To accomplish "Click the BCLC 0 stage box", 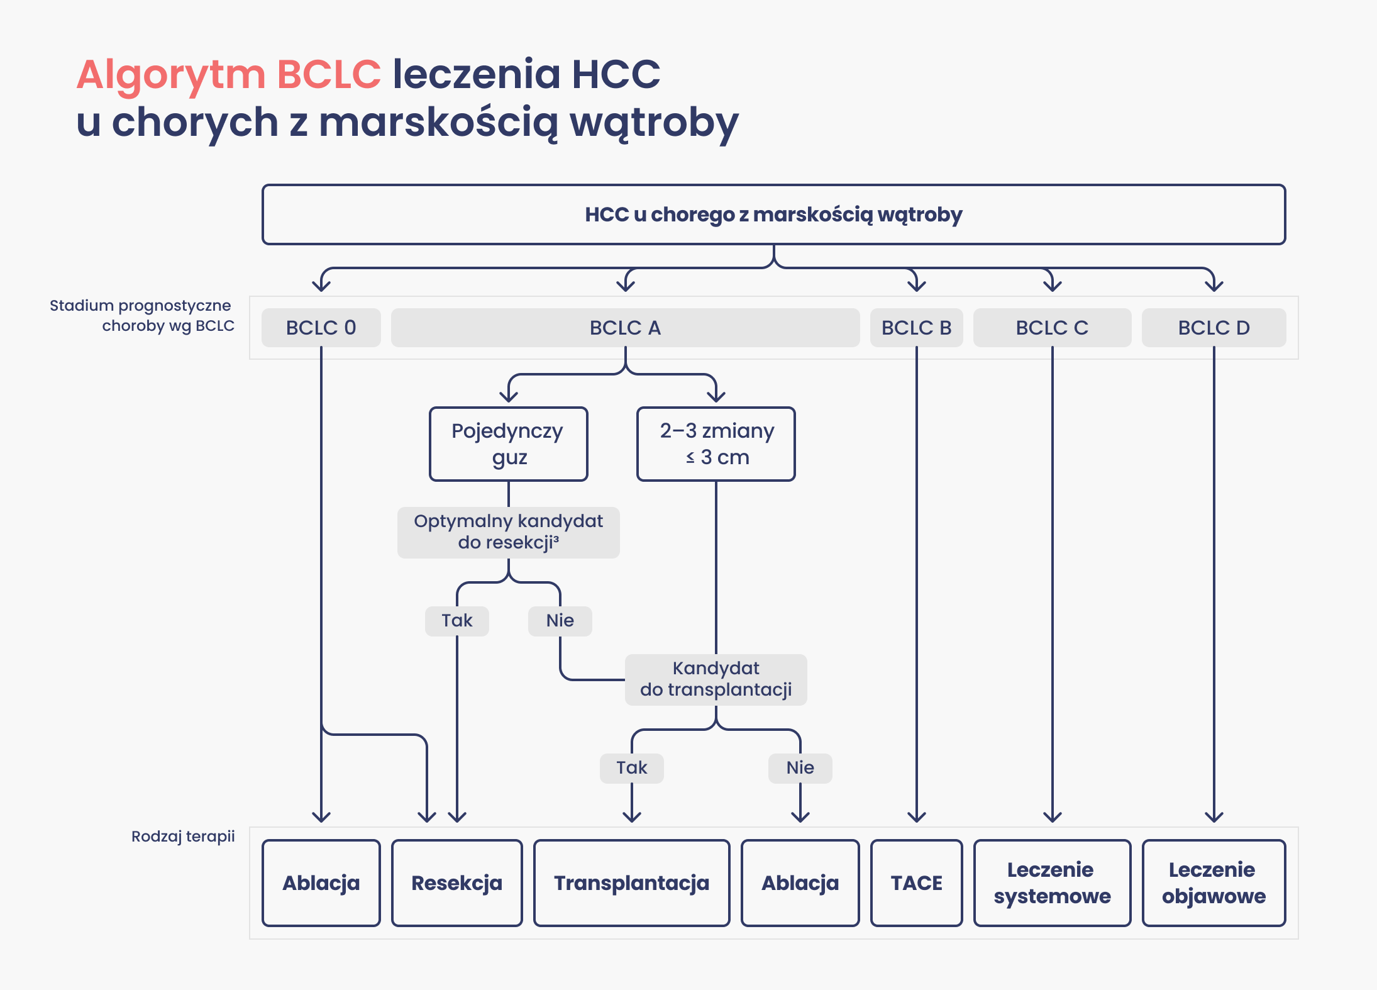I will coord(321,328).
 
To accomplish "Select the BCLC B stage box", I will coord(916,328).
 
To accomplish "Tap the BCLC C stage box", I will coord(1052,328).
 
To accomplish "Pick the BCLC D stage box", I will coord(1214,328).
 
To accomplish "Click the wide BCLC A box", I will coord(625,328).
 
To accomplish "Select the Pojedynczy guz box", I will coord(508,444).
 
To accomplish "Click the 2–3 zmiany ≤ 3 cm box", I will coord(716,444).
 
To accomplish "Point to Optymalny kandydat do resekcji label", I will coord(508,532).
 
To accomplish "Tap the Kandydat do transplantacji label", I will coord(716,679).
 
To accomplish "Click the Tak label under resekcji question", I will coord(457,621).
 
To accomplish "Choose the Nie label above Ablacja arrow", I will coord(800,768).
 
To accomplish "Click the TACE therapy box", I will coord(916,883).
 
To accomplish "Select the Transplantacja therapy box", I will coord(631,883).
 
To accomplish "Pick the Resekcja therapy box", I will coord(457,883).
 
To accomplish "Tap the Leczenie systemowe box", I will coord(1052,883).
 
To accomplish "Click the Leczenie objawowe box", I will coord(1214,883).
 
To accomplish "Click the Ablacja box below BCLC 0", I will coord(321,883).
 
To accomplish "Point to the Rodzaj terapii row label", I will coord(183,837).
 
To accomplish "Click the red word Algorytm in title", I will coord(171,75).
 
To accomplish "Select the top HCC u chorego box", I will coord(773,214).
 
